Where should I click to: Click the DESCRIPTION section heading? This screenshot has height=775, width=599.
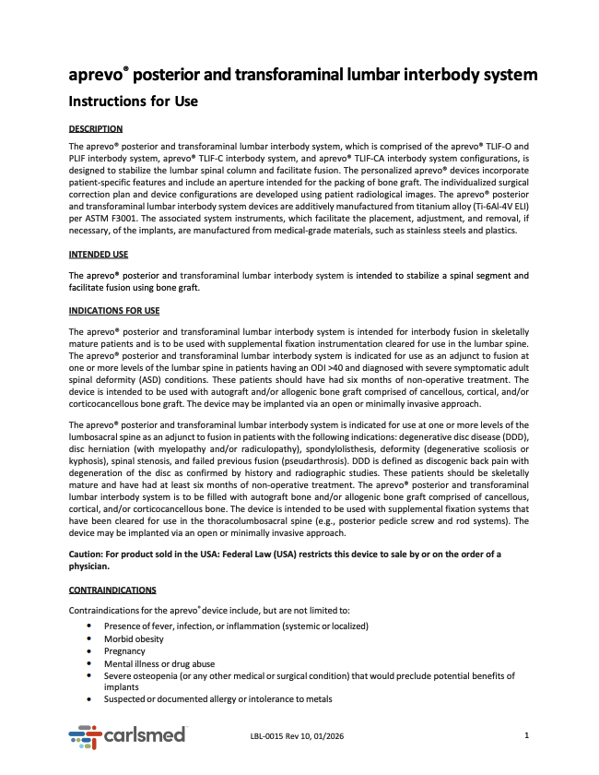click(x=96, y=128)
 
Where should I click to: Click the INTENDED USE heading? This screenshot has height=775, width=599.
click(x=99, y=254)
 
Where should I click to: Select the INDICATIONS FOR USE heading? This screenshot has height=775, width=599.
click(x=114, y=310)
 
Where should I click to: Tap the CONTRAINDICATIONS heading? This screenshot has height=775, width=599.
click(x=112, y=590)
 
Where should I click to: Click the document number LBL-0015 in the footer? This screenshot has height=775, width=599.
click(x=267, y=736)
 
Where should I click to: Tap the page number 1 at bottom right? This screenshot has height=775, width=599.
click(x=526, y=735)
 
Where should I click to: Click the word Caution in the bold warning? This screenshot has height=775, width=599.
click(x=88, y=553)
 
